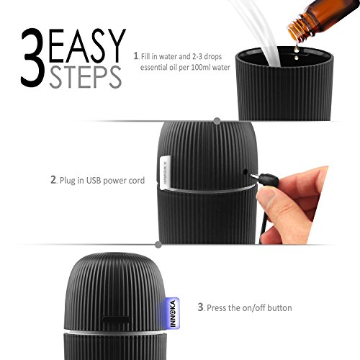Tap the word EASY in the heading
pyautogui.click(x=87, y=45)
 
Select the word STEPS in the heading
pyautogui.click(x=86, y=77)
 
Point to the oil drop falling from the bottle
pyautogui.click(x=297, y=48)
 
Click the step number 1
pyautogui.click(x=136, y=56)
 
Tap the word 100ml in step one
pyautogui.click(x=201, y=67)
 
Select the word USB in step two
pyautogui.click(x=94, y=180)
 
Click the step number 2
pyautogui.click(x=53, y=180)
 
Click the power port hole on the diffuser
pyautogui.click(x=245, y=171)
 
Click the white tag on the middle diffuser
pyautogui.click(x=165, y=171)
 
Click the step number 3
pyautogui.click(x=200, y=307)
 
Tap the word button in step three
pyautogui.click(x=279, y=307)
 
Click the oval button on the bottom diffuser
pyautogui.click(x=116, y=320)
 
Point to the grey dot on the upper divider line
pyautogui.click(x=217, y=121)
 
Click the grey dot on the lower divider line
pyautogui.click(x=158, y=245)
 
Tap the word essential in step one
pyautogui.click(x=153, y=68)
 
